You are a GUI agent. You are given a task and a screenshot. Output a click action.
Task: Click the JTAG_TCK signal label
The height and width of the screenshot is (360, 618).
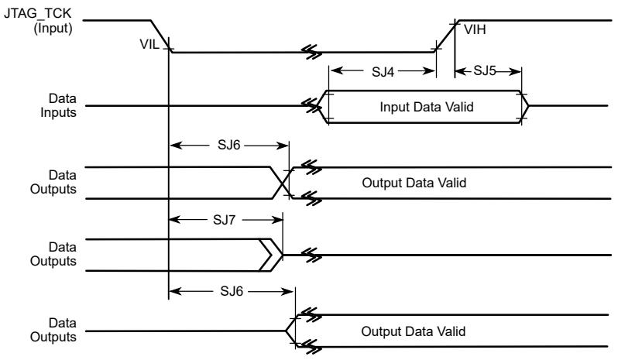tap(37, 13)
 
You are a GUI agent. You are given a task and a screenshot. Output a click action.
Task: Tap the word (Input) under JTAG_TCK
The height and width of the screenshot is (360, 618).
tap(53, 28)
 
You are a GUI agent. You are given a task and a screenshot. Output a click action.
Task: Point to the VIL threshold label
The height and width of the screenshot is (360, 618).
tap(149, 44)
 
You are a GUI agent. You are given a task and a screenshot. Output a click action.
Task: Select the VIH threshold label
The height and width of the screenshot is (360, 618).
tap(475, 29)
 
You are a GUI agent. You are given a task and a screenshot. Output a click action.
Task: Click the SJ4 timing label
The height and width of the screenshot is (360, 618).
tap(383, 72)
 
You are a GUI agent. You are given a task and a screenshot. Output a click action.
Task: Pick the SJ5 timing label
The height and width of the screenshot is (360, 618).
tap(484, 70)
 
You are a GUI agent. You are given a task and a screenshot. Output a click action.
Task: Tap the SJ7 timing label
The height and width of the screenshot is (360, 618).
tap(224, 219)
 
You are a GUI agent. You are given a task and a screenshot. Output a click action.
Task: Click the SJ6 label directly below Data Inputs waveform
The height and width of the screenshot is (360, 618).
tap(228, 145)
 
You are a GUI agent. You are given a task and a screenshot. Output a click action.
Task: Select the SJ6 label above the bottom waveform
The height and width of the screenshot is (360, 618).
tap(232, 291)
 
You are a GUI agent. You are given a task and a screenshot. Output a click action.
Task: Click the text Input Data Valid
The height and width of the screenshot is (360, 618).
tap(427, 107)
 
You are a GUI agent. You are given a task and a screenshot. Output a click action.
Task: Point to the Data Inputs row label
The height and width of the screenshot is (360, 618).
tap(58, 105)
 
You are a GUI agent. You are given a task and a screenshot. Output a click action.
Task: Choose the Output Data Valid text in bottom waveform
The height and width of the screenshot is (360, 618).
tap(413, 331)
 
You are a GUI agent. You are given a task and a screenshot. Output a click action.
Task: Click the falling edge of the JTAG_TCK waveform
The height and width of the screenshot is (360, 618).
tap(161, 36)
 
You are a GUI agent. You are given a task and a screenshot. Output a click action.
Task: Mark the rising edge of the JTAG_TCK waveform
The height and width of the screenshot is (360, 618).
tap(445, 36)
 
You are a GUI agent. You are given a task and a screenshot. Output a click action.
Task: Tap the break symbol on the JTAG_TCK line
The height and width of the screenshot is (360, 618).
tap(312, 52)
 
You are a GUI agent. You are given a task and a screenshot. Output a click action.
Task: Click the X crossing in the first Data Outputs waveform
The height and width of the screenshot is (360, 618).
tap(282, 183)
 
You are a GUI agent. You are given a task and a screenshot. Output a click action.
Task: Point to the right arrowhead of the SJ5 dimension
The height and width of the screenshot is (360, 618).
tap(516, 72)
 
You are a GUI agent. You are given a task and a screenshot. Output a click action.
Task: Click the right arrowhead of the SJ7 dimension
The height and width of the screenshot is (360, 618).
tap(277, 219)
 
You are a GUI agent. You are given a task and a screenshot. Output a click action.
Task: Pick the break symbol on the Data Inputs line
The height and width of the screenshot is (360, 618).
tap(312, 105)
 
